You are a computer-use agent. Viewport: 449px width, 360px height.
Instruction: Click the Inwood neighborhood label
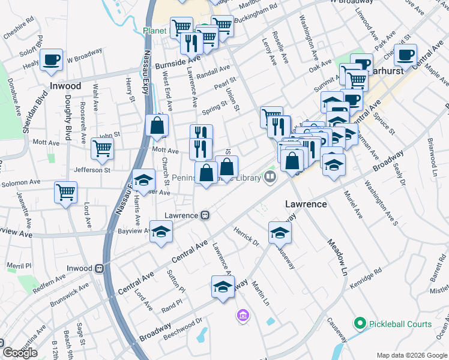(65, 86)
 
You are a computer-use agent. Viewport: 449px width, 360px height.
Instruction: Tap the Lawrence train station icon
(205, 215)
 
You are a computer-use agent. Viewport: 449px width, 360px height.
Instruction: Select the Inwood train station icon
(99, 268)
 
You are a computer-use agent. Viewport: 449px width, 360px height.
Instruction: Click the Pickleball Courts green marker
(360, 324)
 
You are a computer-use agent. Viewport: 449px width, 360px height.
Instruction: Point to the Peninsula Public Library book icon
(270, 177)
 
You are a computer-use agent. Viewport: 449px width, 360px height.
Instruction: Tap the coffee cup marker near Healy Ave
(52, 59)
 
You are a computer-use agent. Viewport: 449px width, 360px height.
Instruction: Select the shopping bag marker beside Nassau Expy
(156, 125)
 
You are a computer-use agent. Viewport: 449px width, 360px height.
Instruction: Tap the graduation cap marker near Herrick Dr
(280, 232)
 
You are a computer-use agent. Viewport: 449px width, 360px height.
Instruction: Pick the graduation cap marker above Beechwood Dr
(223, 286)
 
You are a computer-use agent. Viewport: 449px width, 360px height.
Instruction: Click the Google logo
(20, 352)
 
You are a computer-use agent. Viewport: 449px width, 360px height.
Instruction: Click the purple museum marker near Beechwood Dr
(243, 315)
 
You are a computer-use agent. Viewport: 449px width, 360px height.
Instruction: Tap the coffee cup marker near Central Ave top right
(405, 55)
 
